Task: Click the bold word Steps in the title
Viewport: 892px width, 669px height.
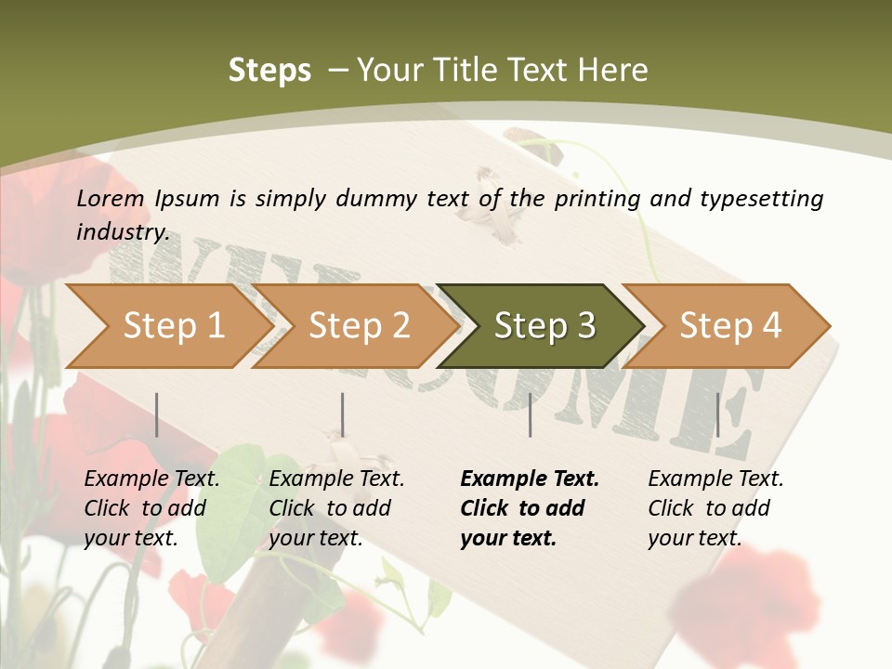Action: (269, 71)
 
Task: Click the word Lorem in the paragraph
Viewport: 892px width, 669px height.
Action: (110, 198)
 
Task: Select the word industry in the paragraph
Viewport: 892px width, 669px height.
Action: (122, 232)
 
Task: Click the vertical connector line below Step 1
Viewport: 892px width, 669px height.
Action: (157, 414)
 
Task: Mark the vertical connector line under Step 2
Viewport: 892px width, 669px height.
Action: (343, 414)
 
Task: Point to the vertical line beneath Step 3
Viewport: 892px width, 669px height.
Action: (530, 414)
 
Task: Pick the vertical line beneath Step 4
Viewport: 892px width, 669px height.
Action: (717, 414)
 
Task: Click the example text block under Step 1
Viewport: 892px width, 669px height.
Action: (151, 508)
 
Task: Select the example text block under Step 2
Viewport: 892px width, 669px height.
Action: (336, 508)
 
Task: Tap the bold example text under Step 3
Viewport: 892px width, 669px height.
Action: (529, 508)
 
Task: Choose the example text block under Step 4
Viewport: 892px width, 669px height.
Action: (715, 508)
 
